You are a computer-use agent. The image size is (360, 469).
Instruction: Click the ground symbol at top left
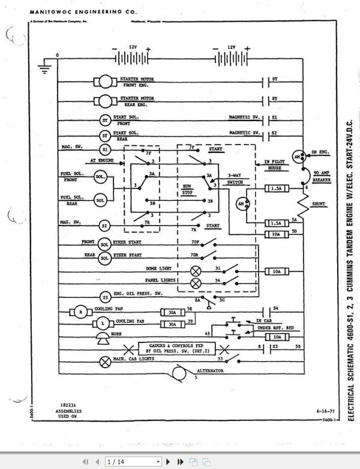43,67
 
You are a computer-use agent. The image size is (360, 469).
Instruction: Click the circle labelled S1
104,149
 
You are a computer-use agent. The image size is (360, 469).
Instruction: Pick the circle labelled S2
104,226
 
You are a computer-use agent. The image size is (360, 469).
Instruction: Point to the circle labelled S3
104,296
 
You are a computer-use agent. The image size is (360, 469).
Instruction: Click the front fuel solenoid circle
100,177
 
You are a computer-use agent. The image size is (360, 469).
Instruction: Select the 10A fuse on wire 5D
276,235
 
